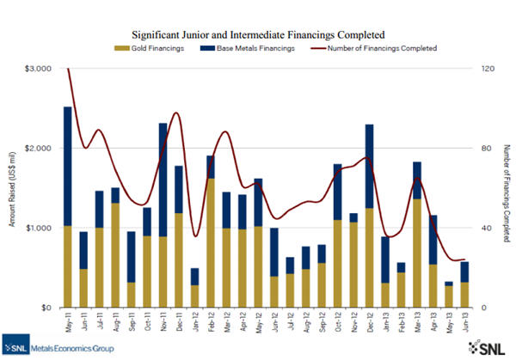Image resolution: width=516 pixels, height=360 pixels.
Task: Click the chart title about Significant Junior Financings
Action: tap(257, 34)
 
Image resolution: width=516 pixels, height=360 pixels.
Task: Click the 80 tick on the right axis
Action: tap(487, 148)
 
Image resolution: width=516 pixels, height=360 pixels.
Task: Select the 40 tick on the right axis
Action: tap(487, 228)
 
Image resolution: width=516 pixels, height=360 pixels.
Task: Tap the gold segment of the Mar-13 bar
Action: tap(416, 253)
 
